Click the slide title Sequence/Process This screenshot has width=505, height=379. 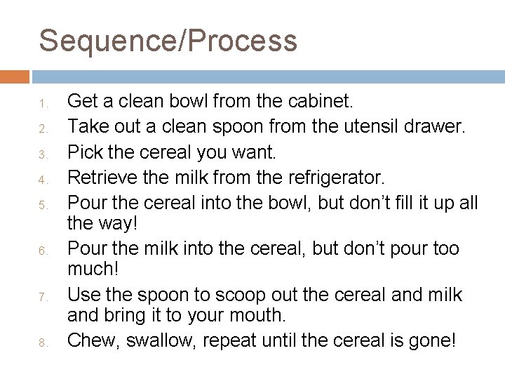click(x=168, y=40)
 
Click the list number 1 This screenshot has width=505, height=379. click(x=41, y=105)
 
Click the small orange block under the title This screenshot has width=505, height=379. click(x=14, y=76)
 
